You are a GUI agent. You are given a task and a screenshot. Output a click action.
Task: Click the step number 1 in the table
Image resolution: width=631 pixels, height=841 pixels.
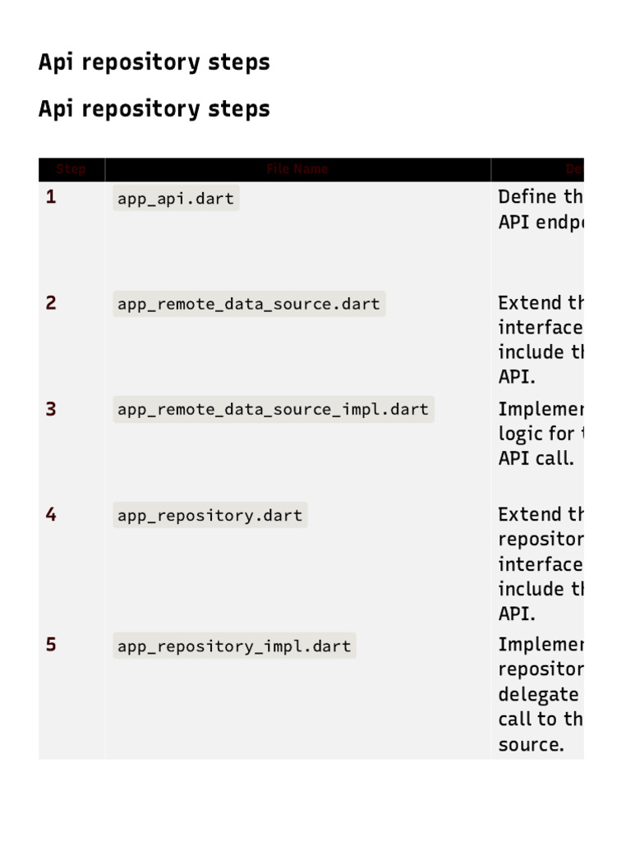pos(51,197)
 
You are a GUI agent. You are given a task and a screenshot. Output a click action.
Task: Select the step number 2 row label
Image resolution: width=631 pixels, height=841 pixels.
pos(51,303)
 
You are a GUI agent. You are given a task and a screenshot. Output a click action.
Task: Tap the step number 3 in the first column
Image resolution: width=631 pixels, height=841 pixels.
pos(51,409)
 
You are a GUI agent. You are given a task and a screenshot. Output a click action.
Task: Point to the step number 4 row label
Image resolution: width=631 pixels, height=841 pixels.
pos(51,515)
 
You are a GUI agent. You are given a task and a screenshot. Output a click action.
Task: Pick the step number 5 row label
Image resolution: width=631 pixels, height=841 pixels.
pos(51,645)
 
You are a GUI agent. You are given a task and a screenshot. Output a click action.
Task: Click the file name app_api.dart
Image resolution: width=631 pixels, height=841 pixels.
pos(176,199)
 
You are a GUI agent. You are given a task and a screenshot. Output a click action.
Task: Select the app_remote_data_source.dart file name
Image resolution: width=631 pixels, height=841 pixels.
pos(248,305)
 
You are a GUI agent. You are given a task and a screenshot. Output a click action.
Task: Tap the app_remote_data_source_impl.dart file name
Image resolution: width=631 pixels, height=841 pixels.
pos(273,410)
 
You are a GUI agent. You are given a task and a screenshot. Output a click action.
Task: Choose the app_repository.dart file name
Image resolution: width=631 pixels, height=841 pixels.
pos(210,516)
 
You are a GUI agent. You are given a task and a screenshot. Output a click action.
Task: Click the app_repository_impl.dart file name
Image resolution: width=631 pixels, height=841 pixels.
pos(234,646)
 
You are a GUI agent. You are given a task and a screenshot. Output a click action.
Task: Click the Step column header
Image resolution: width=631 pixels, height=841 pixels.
pos(71,169)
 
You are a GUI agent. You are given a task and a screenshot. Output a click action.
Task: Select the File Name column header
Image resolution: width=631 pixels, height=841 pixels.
pos(297,169)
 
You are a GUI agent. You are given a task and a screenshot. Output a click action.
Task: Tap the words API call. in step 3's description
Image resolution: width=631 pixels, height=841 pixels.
pos(536,458)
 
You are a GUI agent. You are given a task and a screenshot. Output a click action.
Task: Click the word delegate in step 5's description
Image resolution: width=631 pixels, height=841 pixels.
pos(537,695)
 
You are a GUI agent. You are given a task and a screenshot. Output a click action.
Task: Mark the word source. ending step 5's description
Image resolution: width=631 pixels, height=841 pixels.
pos(531,745)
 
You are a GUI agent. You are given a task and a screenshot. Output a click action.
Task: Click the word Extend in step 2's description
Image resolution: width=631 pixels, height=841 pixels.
pos(528,303)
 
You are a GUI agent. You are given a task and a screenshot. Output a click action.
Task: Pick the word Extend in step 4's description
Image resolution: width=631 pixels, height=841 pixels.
pos(528,515)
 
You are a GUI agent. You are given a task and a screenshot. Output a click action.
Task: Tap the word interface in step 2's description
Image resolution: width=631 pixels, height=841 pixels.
pos(540,328)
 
